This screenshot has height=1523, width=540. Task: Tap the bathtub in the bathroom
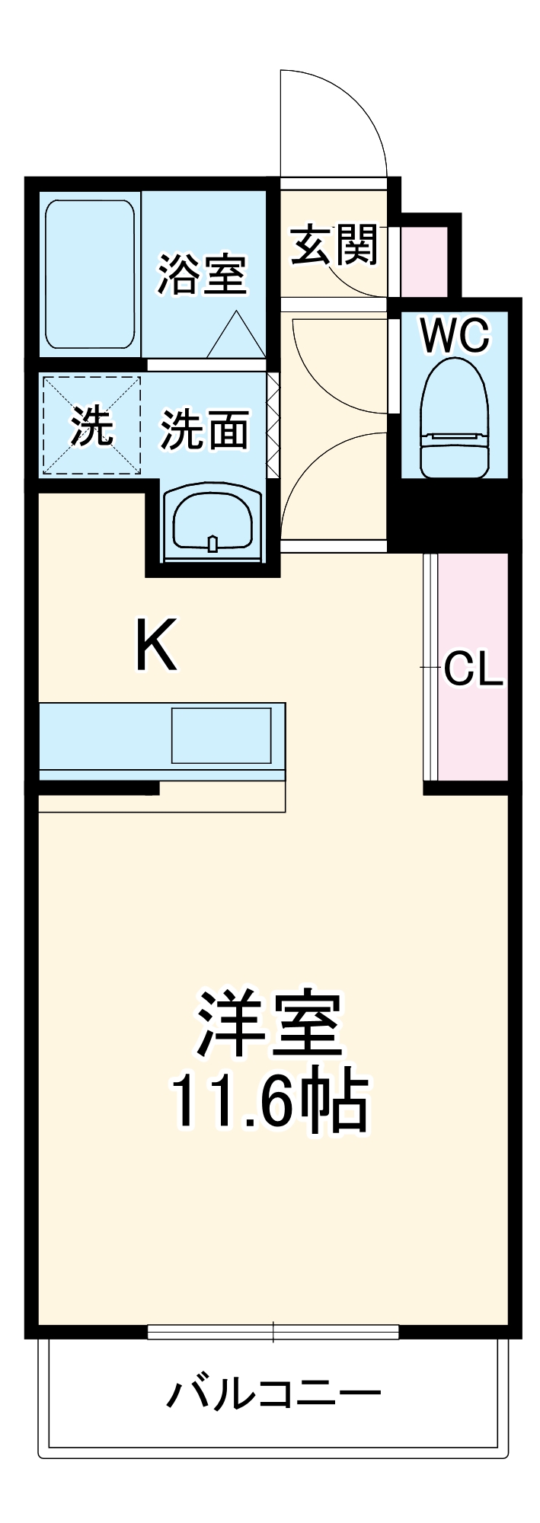[90, 274]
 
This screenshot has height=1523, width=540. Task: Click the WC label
[455, 335]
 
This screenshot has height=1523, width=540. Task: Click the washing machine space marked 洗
[91, 425]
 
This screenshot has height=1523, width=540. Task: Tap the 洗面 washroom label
[204, 429]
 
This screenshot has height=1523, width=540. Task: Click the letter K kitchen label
[156, 646]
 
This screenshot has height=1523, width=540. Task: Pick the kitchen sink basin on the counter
[221, 735]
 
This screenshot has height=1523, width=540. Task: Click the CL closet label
[473, 669]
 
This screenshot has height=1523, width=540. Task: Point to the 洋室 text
[269, 1023]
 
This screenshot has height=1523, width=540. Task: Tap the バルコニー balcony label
[273, 1394]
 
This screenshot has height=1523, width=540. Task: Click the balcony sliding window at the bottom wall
[273, 1331]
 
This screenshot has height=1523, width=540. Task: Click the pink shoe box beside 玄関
[424, 261]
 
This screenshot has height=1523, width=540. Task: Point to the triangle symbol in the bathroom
[236, 337]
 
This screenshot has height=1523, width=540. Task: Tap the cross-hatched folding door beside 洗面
[273, 423]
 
